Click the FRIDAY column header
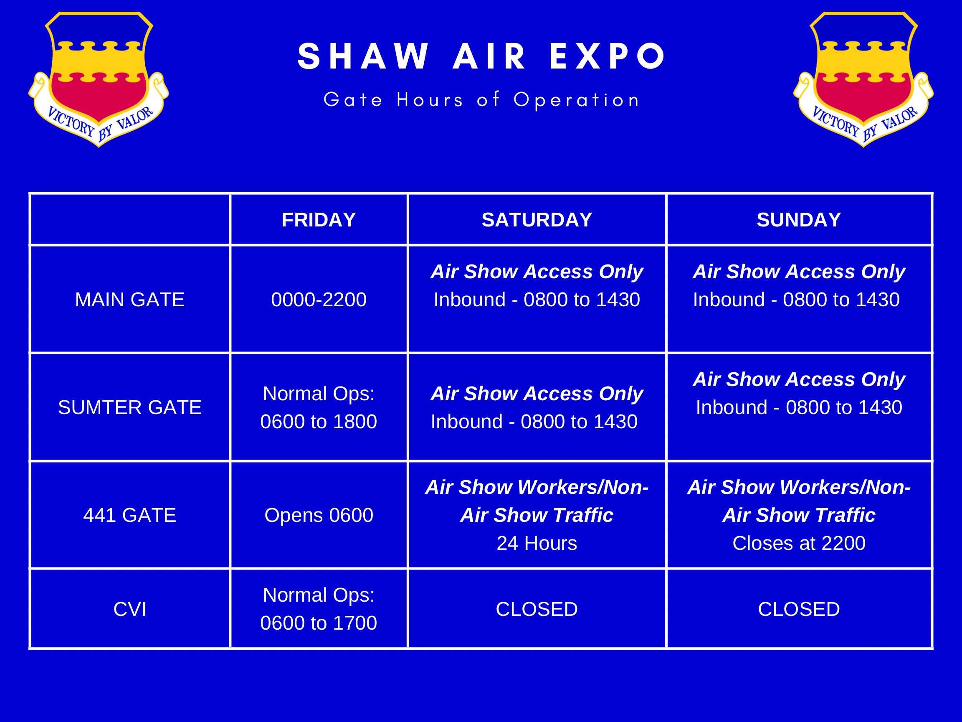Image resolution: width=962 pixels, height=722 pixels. point(318,220)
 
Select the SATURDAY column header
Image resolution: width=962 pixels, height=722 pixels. point(537,220)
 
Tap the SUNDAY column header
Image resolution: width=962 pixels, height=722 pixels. point(799,220)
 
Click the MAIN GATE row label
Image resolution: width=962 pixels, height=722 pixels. point(129,300)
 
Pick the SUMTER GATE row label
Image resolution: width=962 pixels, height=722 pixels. point(129,407)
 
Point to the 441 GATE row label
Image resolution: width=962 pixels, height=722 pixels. point(129,515)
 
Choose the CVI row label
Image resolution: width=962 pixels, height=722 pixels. point(129,609)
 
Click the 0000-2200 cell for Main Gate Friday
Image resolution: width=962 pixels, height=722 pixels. point(318,300)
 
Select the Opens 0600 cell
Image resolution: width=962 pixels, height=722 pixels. point(318,515)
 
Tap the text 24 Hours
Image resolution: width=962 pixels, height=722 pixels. point(537,543)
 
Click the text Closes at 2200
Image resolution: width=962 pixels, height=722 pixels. point(799,543)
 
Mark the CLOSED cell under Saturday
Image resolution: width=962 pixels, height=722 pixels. point(537,609)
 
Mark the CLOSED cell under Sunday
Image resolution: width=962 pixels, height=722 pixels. point(799,609)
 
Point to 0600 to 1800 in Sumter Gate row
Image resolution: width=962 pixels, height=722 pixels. point(318,422)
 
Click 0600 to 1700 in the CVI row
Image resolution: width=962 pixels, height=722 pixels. point(318,623)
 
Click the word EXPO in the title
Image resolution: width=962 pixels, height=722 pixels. point(607,56)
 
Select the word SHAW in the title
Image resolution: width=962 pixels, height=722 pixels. point(364,56)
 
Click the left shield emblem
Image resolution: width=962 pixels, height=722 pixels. point(99,78)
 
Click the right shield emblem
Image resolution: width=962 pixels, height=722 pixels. point(863,78)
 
